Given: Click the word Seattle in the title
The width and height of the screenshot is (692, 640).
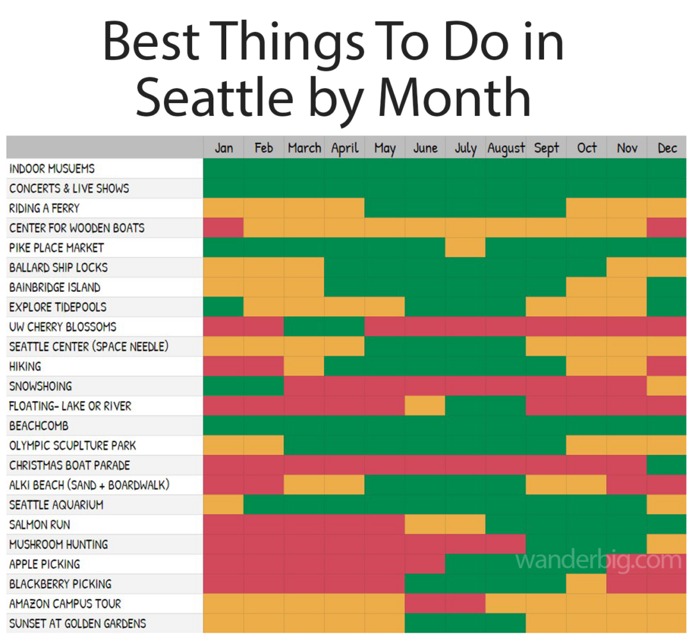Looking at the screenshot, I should (215, 97).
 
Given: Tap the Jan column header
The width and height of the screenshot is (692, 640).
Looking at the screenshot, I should (224, 148).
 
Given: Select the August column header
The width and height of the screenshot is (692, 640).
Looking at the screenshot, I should (506, 148).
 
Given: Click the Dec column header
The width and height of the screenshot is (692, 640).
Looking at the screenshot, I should (667, 148).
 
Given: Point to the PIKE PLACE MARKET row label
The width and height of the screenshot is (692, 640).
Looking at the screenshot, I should (56, 248).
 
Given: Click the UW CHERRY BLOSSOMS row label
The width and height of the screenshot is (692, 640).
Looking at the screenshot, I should (63, 326).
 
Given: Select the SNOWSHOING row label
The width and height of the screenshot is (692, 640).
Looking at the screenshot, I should (40, 386).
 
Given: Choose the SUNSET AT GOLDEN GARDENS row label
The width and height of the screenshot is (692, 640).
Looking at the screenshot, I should (78, 623).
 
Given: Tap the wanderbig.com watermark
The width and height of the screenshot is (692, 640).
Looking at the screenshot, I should (598, 561).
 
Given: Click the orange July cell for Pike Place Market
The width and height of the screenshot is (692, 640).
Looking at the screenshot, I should (465, 248).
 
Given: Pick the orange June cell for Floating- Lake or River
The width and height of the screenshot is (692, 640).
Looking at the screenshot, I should (425, 406).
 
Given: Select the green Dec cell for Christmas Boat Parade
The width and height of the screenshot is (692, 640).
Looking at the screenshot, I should (667, 465).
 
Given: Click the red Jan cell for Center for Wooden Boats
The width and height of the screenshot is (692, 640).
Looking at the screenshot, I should (224, 228).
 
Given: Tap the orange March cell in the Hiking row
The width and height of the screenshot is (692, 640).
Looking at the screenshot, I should (304, 366).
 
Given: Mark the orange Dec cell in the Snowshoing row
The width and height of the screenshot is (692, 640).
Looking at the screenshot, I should (667, 386).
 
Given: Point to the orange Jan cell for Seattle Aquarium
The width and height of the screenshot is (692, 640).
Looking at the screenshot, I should (224, 505).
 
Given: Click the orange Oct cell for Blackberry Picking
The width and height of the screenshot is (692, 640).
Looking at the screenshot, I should (586, 584).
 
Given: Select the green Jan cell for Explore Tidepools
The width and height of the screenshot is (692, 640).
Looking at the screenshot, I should (224, 307).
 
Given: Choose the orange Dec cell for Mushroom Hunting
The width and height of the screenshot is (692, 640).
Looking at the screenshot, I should (667, 544).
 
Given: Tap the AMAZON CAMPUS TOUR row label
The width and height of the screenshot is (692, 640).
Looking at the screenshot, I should (65, 604).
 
